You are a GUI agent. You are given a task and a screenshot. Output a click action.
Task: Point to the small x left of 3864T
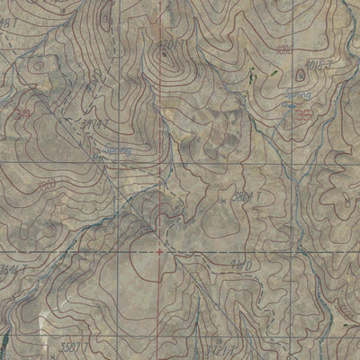click(219, 194)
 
